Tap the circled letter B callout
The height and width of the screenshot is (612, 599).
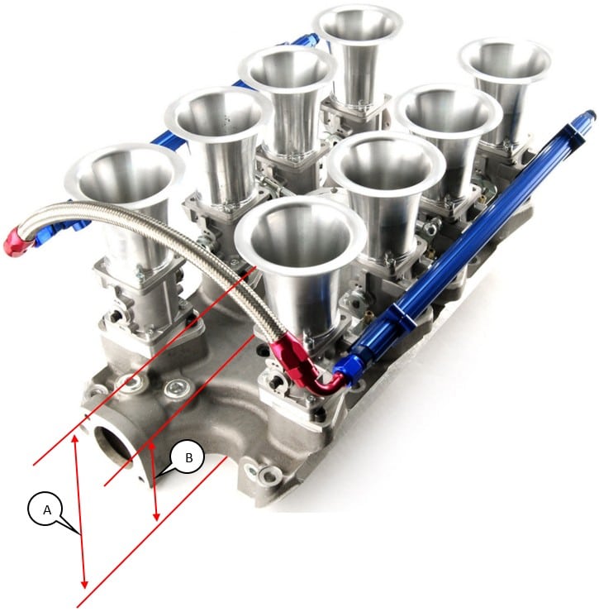188,457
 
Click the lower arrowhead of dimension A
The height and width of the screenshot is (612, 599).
84,583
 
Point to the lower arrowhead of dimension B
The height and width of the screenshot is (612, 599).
157,515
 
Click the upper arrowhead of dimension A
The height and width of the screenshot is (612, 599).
75,439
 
